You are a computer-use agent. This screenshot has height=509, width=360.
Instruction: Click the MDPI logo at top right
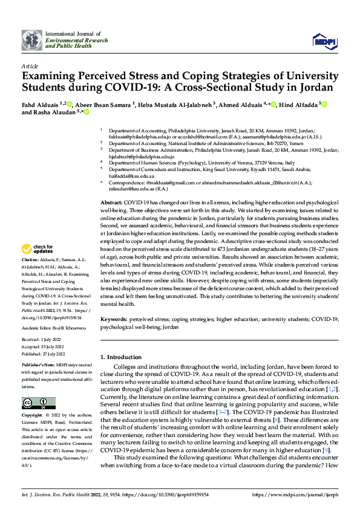tap(323, 40)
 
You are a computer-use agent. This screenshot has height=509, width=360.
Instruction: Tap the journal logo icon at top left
tap(32, 40)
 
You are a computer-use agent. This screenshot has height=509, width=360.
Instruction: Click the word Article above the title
tap(30, 66)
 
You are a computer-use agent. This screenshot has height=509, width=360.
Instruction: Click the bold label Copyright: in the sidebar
tap(33, 416)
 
